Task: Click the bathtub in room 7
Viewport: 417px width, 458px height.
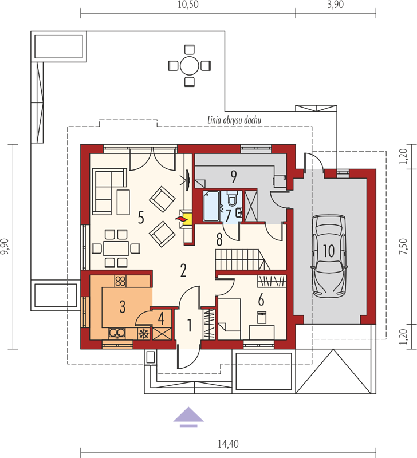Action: pyautogui.click(x=211, y=206)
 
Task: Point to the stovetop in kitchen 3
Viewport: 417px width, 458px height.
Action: pyautogui.click(x=120, y=281)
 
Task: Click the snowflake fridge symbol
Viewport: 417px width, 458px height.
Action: pyautogui.click(x=143, y=334)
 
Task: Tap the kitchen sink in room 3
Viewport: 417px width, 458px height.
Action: pyautogui.click(x=117, y=333)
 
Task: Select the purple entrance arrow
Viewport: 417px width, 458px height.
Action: pyautogui.click(x=188, y=417)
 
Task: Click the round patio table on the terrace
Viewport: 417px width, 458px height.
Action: pyautogui.click(x=190, y=66)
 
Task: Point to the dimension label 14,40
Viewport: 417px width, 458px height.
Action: pyautogui.click(x=228, y=444)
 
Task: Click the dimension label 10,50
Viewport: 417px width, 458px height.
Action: pyautogui.click(x=188, y=5)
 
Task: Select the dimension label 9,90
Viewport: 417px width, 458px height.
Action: pyautogui.click(x=6, y=247)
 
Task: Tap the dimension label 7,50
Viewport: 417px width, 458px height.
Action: pyautogui.click(x=403, y=246)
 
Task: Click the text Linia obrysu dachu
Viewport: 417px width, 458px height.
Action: pyautogui.click(x=234, y=120)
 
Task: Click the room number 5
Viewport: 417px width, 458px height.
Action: pyautogui.click(x=141, y=218)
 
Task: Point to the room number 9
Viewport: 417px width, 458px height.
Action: pyautogui.click(x=234, y=177)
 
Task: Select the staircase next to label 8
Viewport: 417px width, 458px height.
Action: pyautogui.click(x=242, y=260)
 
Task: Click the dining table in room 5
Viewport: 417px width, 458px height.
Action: pyautogui.click(x=116, y=248)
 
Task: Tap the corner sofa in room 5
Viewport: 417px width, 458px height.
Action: pyautogui.click(x=109, y=191)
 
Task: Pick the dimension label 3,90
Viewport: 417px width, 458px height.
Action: pyautogui.click(x=336, y=5)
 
